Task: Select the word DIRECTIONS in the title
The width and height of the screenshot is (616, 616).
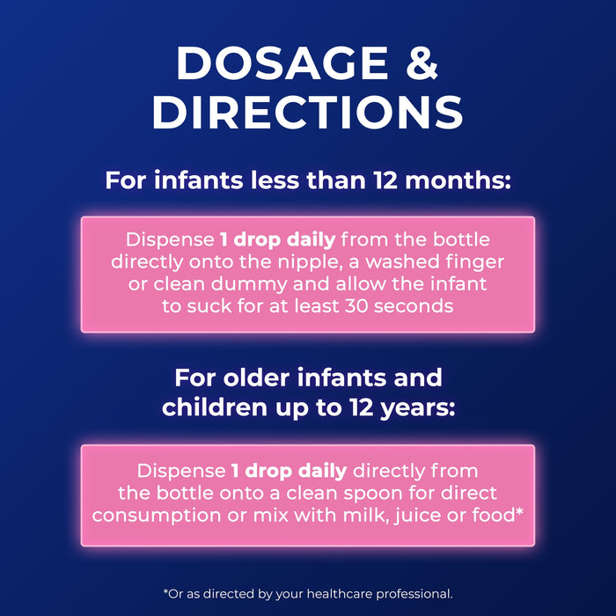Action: click(308, 113)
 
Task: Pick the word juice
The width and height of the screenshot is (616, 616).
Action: click(400, 515)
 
